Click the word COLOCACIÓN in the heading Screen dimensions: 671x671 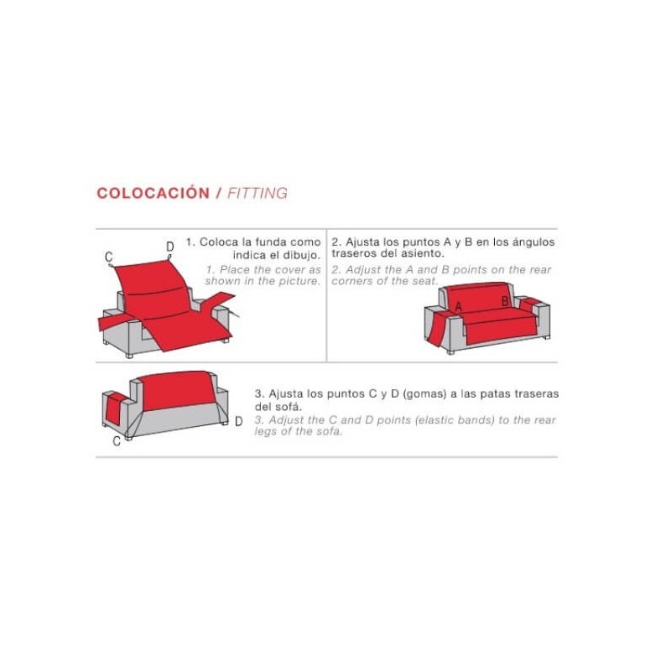pos(153,193)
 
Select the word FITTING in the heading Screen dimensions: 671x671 pos(257,193)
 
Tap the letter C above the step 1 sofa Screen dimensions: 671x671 pos(109,257)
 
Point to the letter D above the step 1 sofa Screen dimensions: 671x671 pos(169,247)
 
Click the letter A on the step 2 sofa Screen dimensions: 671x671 pos(459,308)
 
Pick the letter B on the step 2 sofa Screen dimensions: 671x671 pos(505,301)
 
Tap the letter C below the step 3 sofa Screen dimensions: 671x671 pos(117,442)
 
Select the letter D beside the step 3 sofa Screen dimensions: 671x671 pos(238,422)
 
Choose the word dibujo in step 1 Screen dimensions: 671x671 pos(300,254)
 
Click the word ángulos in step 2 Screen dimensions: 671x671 pos(533,242)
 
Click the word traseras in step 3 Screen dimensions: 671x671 pos(535,393)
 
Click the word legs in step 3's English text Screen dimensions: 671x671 pos(267,431)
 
